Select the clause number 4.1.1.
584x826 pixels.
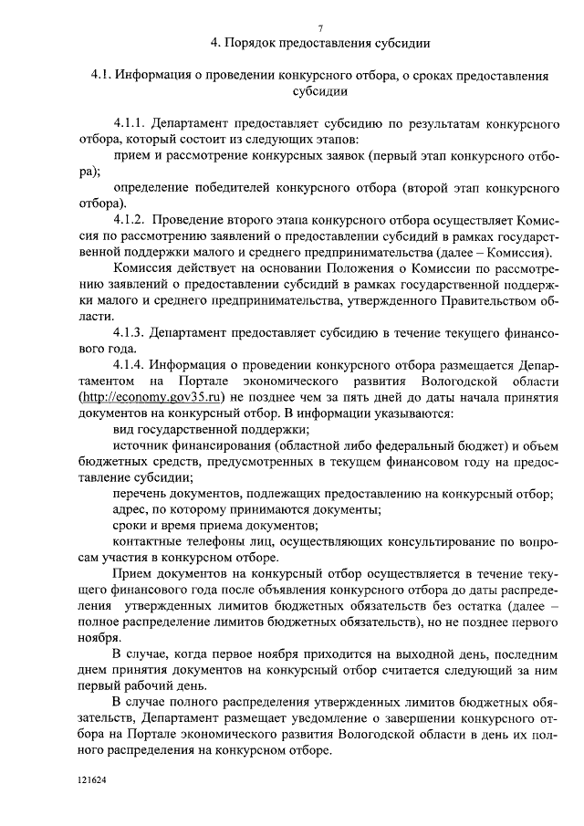130,122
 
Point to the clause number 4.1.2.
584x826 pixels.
130,220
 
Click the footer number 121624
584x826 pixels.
91,782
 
